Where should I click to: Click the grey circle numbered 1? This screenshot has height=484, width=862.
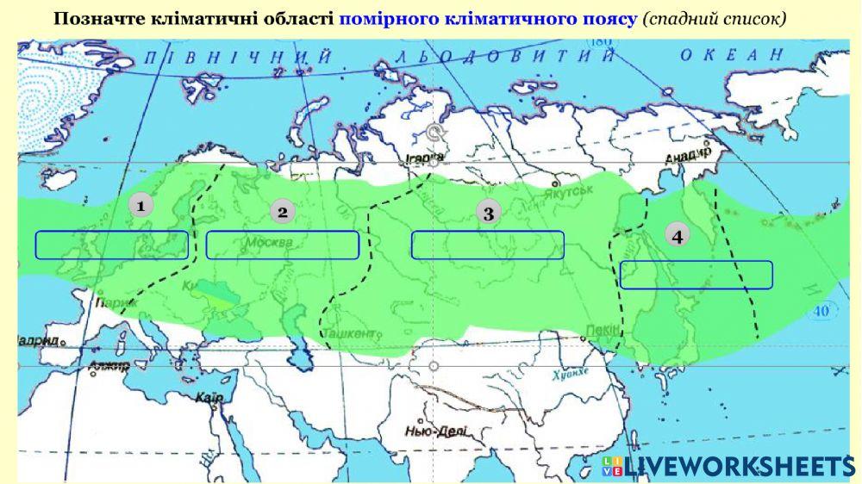click(140, 205)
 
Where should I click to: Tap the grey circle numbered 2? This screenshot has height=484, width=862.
click(282, 212)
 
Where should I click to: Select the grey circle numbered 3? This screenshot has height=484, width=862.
click(489, 213)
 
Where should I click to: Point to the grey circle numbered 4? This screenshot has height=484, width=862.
click(678, 236)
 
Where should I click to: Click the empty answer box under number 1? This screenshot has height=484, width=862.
click(111, 245)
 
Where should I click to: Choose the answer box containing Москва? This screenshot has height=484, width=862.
click(282, 245)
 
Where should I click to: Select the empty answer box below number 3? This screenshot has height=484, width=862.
click(487, 245)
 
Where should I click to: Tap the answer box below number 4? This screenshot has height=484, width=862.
click(696, 275)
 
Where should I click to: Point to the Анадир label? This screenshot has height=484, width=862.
click(687, 155)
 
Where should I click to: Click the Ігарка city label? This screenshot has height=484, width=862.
click(426, 158)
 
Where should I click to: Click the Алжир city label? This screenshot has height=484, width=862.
click(109, 367)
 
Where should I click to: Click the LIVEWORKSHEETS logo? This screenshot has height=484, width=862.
click(728, 466)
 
